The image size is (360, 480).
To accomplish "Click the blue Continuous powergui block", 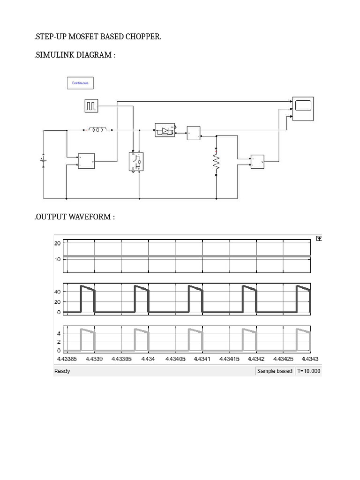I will (80, 83).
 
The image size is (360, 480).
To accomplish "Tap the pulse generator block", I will (91, 106).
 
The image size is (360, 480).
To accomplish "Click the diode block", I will (165, 130).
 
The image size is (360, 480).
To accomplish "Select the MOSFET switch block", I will (136, 162).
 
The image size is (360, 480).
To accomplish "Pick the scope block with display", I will (303, 108).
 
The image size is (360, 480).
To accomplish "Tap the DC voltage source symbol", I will (43, 160).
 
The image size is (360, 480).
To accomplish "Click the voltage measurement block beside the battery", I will (86, 161).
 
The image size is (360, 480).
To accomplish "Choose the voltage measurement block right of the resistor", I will (258, 162).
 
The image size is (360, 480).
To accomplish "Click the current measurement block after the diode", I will (193, 133).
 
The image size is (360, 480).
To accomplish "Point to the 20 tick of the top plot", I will (58, 243).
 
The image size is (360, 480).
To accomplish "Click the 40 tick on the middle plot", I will (58, 292).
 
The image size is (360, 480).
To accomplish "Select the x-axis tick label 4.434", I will (147, 359).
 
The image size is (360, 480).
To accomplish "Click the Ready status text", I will (62, 371).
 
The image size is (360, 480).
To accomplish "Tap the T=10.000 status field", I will (308, 371).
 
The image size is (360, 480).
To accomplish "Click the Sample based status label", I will (274, 371).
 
